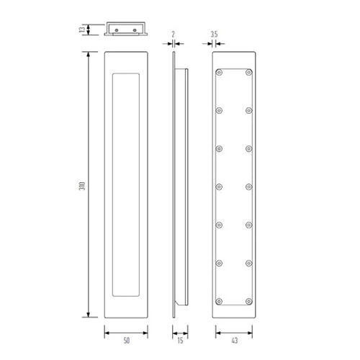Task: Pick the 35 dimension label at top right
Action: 215,33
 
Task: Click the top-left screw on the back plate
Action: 219,73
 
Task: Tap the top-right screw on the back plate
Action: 248,73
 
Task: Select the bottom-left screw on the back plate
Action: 219,300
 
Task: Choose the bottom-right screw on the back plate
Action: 248,300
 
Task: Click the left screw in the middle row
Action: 219,186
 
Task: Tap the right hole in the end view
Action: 135,30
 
